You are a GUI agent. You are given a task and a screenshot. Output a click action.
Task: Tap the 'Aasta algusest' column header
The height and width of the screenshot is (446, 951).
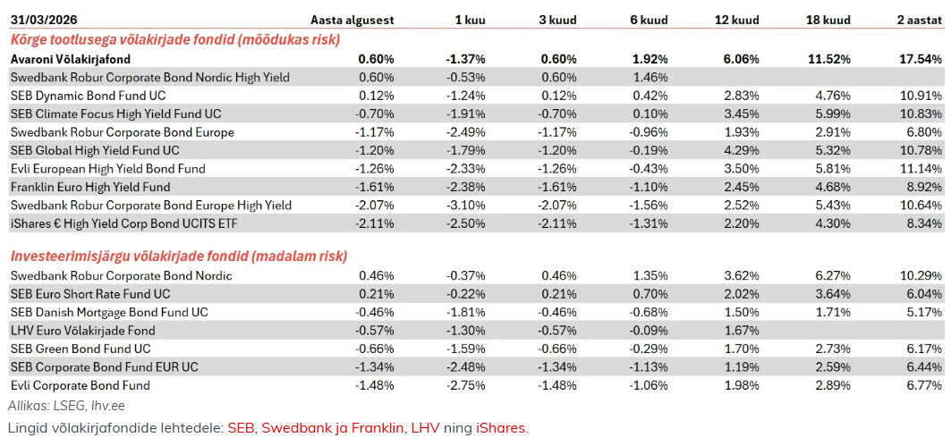[x=352, y=20]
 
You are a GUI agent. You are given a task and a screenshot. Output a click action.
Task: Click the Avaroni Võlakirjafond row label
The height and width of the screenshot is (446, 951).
[x=71, y=59]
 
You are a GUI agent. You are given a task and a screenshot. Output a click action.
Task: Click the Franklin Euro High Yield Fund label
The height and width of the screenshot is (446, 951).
[x=90, y=187]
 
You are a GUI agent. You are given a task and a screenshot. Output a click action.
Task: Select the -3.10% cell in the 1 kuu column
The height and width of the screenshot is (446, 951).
[x=466, y=206]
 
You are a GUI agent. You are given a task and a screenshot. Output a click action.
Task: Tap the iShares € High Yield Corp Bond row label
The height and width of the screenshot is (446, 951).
[x=124, y=224]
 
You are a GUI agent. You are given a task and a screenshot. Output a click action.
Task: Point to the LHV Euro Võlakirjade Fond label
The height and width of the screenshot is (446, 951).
[x=82, y=331]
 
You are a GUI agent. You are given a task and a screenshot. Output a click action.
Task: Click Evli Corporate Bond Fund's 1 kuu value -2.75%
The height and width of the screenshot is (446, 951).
[x=466, y=385]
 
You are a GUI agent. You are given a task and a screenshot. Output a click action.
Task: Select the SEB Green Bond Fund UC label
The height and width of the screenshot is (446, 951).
[x=81, y=349]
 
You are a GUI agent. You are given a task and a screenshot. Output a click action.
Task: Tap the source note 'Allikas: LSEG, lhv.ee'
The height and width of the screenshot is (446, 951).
[x=66, y=406]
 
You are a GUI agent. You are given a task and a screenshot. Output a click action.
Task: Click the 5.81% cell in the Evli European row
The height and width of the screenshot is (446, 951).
[x=833, y=169]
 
